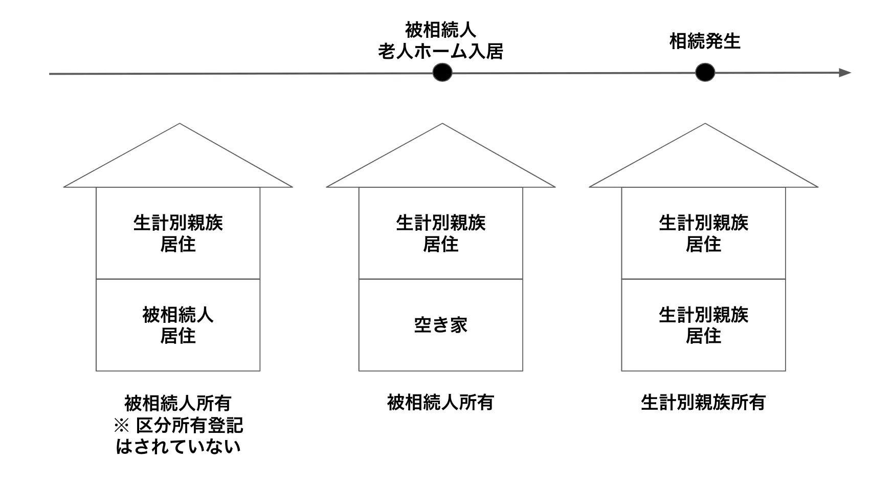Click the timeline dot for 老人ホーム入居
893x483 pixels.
coord(442,73)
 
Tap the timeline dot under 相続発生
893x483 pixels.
coord(705,73)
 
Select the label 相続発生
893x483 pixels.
coord(705,41)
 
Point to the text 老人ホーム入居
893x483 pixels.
coord(440,52)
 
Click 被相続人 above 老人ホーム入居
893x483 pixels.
coord(440,30)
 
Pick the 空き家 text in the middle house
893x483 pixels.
coord(440,325)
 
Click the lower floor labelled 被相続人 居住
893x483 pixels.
coord(178,325)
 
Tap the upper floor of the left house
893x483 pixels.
coord(178,233)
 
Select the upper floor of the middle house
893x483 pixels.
coord(440,233)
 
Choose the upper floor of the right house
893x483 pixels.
coord(703,233)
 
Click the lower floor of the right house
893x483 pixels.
coord(703,325)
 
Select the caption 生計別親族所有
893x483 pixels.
coord(703,403)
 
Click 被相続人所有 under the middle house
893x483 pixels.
coord(440,403)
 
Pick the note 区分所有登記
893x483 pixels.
coord(190,425)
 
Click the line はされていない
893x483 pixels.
coord(178,447)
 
